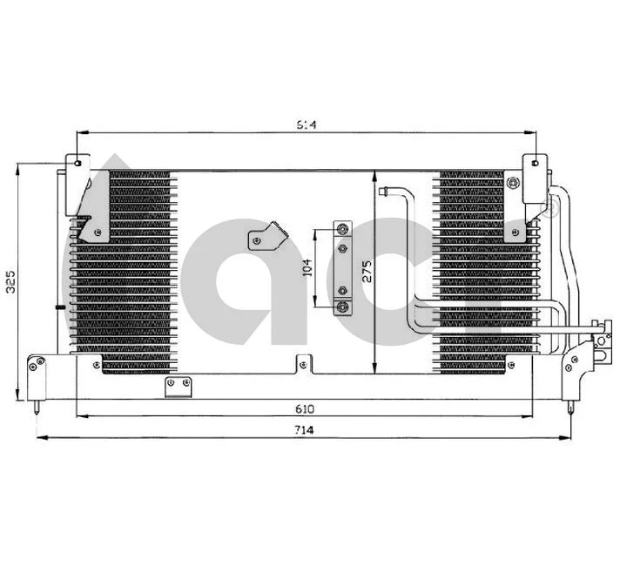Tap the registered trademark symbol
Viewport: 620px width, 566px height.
click(549, 207)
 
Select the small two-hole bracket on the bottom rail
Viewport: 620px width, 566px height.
click(179, 384)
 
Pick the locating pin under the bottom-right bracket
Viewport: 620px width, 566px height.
click(570, 407)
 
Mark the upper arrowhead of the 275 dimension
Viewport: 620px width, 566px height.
click(374, 175)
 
